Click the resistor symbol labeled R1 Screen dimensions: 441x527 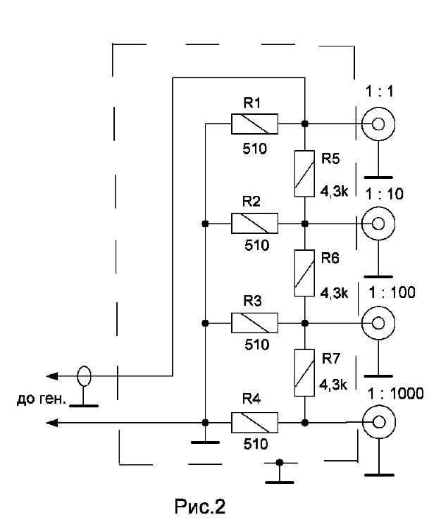[x=254, y=124]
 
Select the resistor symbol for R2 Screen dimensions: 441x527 [x=254, y=223]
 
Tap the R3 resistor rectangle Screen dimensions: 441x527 [x=254, y=323]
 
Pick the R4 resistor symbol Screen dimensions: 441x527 [x=254, y=423]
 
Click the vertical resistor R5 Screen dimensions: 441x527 [x=304, y=173]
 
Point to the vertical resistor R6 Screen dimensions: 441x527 [x=304, y=273]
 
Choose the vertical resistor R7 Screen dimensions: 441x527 [x=304, y=373]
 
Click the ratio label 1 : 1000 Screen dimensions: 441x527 [x=396, y=394]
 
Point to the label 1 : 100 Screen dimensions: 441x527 [x=392, y=292]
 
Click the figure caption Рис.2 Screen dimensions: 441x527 [x=199, y=506]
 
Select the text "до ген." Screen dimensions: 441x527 [x=41, y=399]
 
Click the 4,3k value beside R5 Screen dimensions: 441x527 [x=334, y=192]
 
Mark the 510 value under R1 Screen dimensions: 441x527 [x=254, y=149]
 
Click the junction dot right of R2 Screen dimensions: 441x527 [x=304, y=223]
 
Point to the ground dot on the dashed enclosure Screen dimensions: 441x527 [x=279, y=463]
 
